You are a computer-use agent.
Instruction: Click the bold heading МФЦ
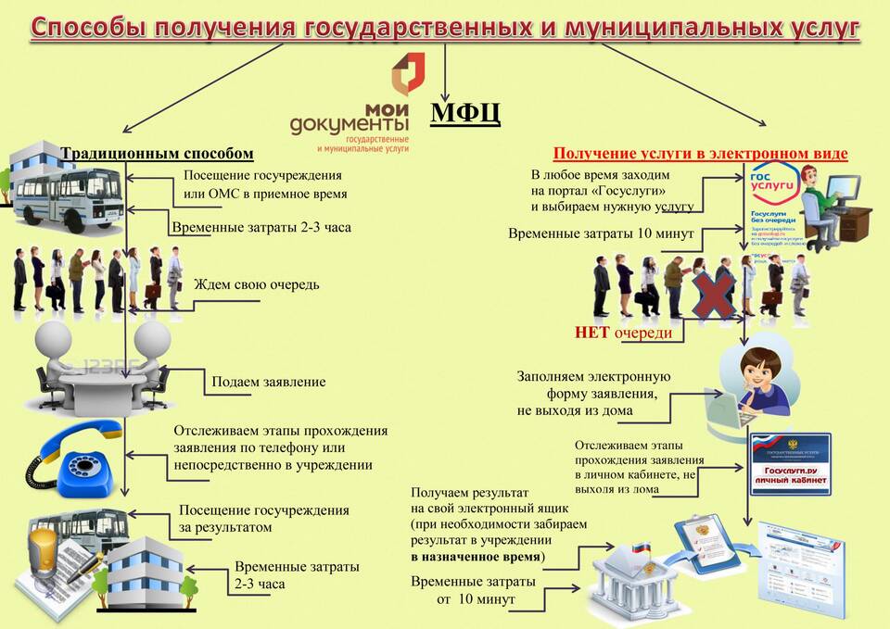[465, 113]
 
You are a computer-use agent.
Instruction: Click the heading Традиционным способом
[157, 153]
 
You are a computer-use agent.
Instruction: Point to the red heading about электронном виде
[700, 154]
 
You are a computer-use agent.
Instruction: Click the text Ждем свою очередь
[256, 284]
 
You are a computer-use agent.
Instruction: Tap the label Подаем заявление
[269, 381]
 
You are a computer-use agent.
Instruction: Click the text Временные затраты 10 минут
[601, 233]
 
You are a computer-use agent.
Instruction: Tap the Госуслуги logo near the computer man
[769, 185]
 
